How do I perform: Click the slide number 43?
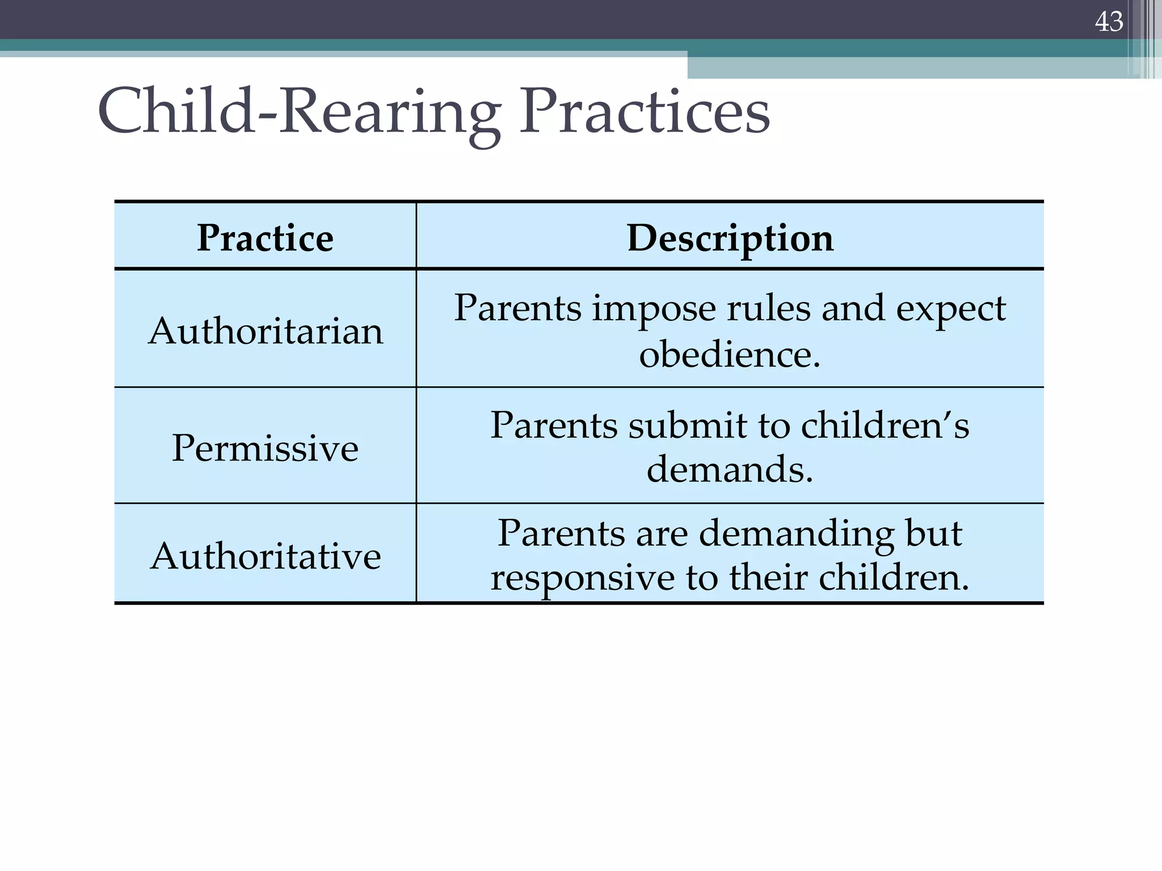coord(1109,22)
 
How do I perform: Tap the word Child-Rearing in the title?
coord(299,112)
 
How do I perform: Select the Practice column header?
coord(265,238)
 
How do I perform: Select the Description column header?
coord(730,238)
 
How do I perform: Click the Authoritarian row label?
coord(266,331)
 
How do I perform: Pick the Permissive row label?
coord(265,448)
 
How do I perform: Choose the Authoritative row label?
coord(266,556)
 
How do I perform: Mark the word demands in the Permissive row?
coord(730,470)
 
